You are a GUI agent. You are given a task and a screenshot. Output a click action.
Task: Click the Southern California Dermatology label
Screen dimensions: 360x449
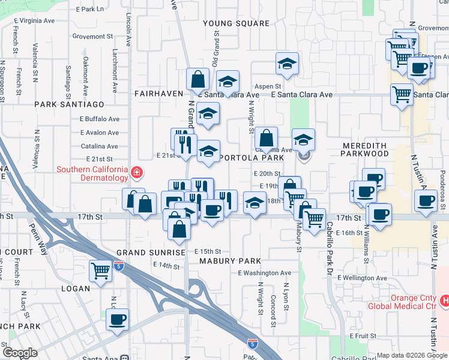[92, 173]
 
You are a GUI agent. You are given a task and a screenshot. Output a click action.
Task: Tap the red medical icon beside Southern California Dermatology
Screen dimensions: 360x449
[137, 173]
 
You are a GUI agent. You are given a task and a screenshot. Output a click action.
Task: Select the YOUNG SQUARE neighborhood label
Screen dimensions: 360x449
[236, 23]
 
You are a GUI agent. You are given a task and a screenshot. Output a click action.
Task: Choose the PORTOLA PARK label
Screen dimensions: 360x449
[252, 158]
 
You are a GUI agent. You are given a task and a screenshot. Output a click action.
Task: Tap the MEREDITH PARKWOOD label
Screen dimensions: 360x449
[366, 149]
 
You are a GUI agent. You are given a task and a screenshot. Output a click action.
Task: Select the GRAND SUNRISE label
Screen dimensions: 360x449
[151, 253]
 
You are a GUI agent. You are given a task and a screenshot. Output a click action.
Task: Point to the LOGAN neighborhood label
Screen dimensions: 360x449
[74, 289]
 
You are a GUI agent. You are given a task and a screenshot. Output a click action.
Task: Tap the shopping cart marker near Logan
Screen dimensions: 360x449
[100, 270]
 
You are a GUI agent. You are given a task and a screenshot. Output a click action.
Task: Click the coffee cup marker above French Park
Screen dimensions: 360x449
[118, 319]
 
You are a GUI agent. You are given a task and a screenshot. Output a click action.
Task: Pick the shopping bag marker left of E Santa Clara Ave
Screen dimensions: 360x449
[197, 79]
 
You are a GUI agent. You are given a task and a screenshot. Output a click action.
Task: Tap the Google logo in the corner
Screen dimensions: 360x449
[20, 353]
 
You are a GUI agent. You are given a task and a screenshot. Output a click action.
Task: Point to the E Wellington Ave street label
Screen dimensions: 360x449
[363, 278]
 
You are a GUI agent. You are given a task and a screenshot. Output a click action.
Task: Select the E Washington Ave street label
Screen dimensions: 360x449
[264, 273]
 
